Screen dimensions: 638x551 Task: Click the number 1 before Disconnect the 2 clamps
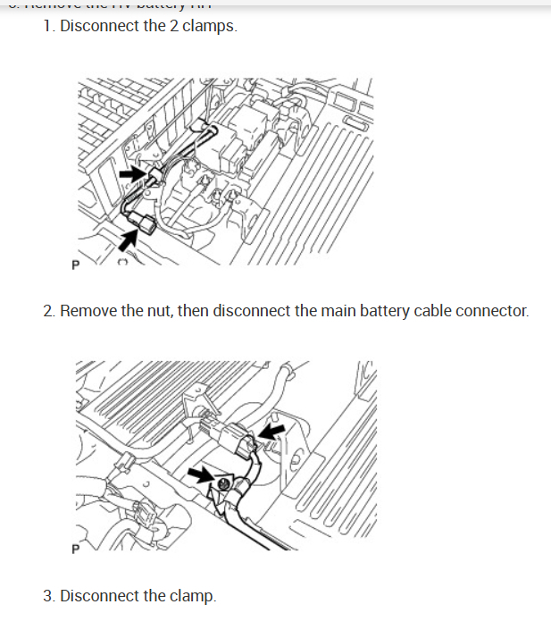pos(47,26)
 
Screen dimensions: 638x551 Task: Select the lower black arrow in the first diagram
pos(129,236)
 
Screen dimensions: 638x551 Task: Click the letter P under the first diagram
pos(74,265)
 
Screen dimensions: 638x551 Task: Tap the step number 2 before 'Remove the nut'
pos(48,311)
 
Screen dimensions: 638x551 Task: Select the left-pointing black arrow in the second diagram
pos(273,433)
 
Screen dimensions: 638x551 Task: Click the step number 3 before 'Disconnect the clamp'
pos(48,595)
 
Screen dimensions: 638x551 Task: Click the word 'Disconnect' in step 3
pos(99,595)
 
